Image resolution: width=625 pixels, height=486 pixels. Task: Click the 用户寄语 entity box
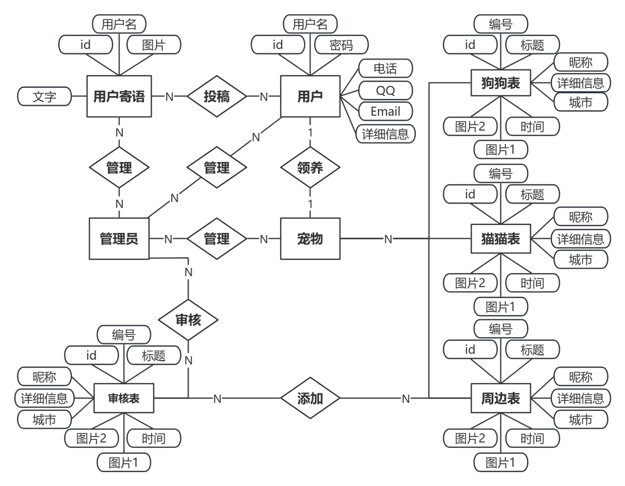click(x=119, y=96)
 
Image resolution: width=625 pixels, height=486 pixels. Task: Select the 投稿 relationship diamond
click(x=217, y=96)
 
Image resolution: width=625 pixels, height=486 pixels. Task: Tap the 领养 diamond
click(x=310, y=167)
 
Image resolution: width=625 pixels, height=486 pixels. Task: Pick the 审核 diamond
click(x=188, y=320)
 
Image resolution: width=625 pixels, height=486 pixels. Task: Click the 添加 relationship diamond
click(x=310, y=398)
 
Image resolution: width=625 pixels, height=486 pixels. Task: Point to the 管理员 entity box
click(x=119, y=239)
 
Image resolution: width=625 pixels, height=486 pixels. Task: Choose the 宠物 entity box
click(x=310, y=239)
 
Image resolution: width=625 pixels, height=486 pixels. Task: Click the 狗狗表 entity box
click(x=501, y=83)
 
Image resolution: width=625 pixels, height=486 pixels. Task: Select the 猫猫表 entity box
click(x=501, y=239)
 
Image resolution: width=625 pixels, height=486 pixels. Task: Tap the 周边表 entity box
click(x=501, y=398)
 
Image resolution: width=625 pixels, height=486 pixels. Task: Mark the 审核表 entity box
click(x=124, y=398)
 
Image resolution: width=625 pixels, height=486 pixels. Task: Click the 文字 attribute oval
click(x=45, y=96)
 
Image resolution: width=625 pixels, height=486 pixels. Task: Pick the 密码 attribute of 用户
click(x=341, y=45)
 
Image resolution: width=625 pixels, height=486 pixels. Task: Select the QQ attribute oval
click(x=385, y=90)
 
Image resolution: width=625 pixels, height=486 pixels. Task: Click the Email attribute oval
click(x=385, y=111)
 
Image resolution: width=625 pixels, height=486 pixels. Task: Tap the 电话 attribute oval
click(x=385, y=68)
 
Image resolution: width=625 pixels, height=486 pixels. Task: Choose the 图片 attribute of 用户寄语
click(x=154, y=45)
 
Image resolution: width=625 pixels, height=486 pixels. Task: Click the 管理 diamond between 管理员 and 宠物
click(x=217, y=239)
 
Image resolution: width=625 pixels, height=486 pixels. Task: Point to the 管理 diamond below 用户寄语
click(x=119, y=167)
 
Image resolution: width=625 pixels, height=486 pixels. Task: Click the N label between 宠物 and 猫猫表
click(x=388, y=239)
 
